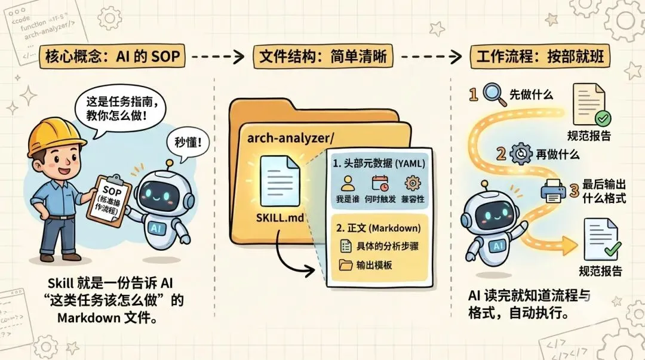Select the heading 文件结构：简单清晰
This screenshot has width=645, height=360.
pyautogui.click(x=322, y=57)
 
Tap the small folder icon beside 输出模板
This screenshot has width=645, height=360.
pyautogui.click(x=346, y=264)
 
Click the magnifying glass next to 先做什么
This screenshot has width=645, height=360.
pyautogui.click(x=491, y=94)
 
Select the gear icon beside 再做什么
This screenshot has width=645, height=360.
pyautogui.click(x=521, y=154)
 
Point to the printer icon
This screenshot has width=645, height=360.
pyautogui.click(x=552, y=190)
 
